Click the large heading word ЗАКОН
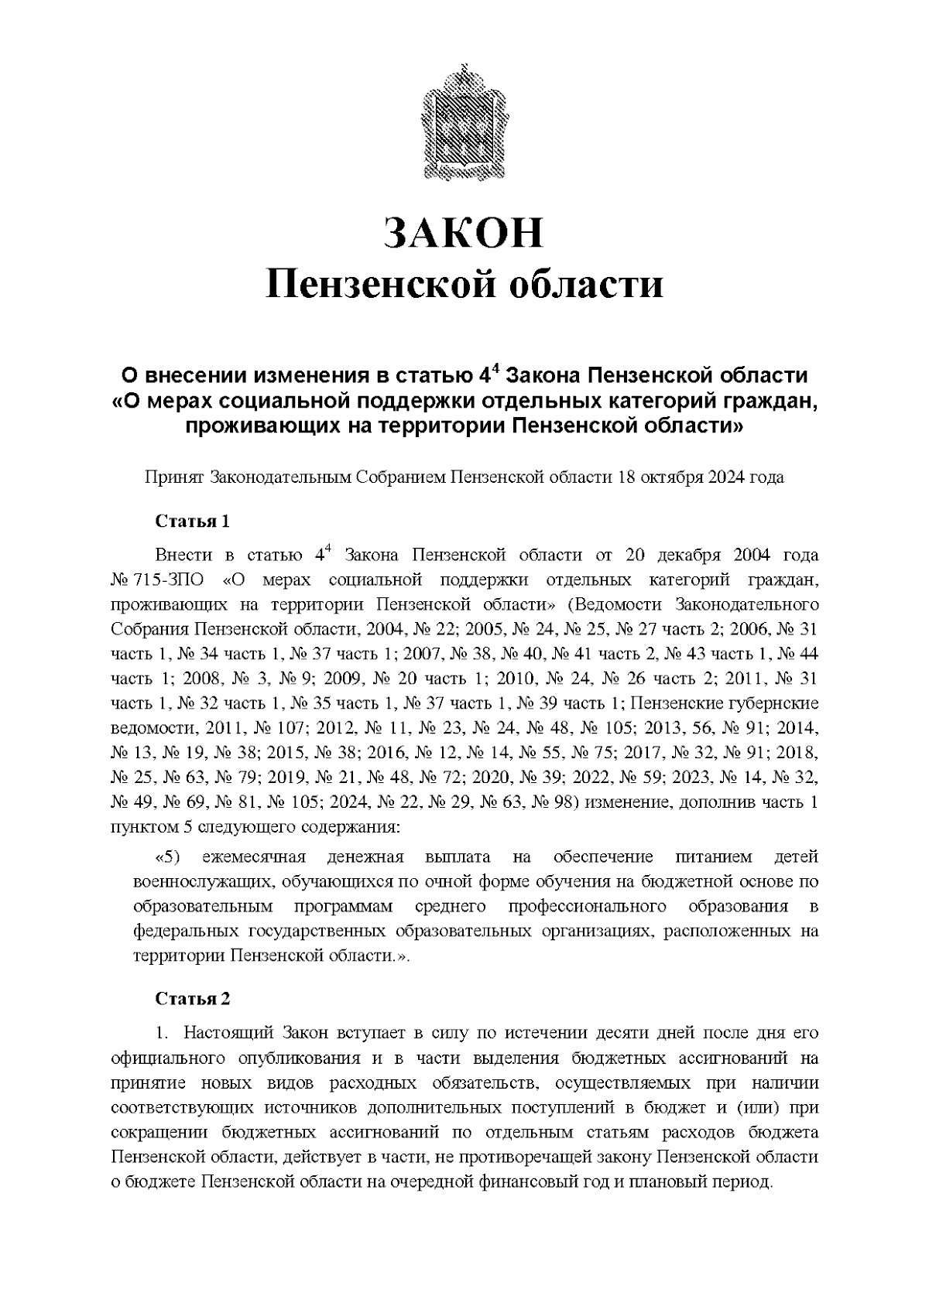(x=464, y=233)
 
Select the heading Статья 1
(x=193, y=521)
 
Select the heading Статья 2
(x=193, y=998)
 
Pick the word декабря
(x=689, y=556)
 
